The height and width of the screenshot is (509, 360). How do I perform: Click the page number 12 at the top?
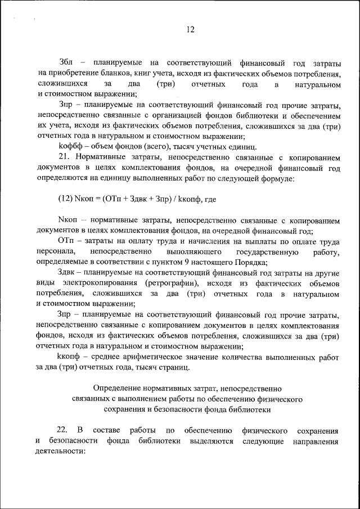[191, 30]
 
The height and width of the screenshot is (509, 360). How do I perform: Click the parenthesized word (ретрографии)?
[174, 283]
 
